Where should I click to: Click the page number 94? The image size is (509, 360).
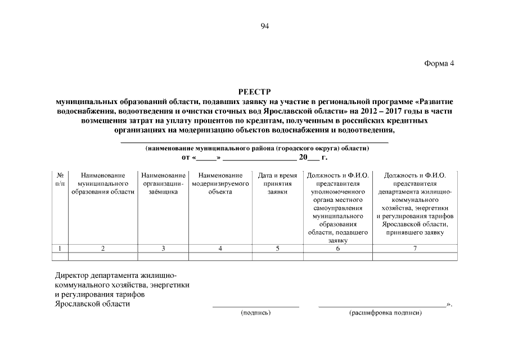265,25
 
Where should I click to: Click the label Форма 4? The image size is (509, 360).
438,63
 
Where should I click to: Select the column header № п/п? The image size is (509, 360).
60,179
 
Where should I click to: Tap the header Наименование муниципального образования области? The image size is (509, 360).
103,183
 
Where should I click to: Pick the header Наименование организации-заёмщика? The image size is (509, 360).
163,183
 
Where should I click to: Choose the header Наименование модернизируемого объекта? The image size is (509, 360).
220,183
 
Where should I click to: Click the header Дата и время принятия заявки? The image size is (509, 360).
277,183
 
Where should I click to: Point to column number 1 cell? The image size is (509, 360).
60,249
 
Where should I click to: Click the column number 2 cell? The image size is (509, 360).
103,249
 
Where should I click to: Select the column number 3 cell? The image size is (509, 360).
163,249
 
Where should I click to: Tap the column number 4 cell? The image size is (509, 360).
220,249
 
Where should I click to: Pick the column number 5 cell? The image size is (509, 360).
277,249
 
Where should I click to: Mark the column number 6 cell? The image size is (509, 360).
338,249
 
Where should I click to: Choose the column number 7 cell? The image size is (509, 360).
415,249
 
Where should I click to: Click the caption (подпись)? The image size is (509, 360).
255,313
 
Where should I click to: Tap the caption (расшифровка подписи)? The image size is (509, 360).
385,313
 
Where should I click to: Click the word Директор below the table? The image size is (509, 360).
71,276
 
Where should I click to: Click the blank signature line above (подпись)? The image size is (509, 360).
255,306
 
